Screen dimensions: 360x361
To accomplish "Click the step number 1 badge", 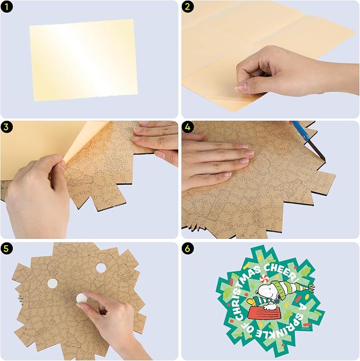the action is (x=7, y=7).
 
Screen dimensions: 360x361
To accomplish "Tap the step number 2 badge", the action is (x=188, y=7).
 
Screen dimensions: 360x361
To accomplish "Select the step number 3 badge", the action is (x=7, y=127).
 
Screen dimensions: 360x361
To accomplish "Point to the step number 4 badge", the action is (x=188, y=127).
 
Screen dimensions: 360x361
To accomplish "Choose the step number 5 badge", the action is (x=7, y=248).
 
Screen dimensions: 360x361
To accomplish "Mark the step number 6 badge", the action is (x=188, y=248).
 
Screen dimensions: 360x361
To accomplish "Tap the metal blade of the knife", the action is (x=317, y=151).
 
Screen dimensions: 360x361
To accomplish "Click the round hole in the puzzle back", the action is (x=101, y=268).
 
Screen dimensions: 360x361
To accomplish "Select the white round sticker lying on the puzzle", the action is (x=52, y=283).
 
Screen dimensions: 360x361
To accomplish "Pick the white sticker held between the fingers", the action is (x=82, y=298).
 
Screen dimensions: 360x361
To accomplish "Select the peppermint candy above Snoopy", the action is (x=264, y=278).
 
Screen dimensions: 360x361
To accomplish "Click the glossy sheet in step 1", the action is (x=84, y=60).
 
